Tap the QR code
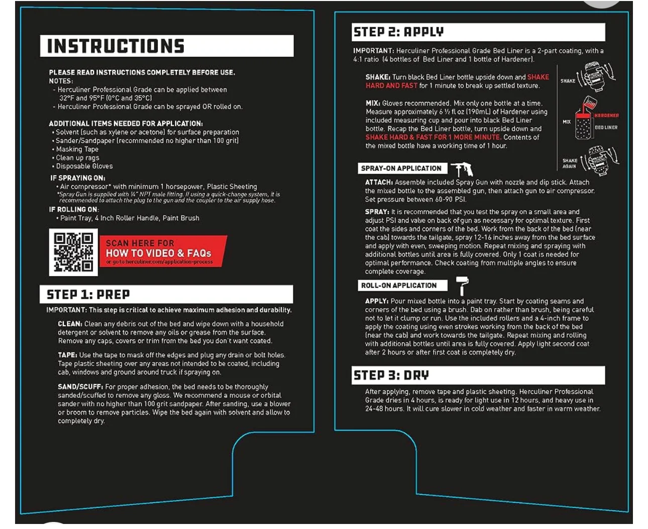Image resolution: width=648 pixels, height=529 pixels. coord(73,252)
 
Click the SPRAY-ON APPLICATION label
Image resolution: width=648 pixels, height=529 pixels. coord(401,168)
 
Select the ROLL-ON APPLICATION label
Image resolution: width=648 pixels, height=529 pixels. coord(399,286)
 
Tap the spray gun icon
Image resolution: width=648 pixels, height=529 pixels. coord(462,169)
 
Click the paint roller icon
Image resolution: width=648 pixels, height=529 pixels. coord(462,285)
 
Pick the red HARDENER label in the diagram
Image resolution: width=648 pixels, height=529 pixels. coord(606,116)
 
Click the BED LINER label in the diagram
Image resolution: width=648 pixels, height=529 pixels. coord(606,128)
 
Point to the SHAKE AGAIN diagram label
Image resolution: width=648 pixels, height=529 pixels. coord(570,163)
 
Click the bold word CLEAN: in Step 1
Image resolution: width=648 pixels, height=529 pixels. coord(70,324)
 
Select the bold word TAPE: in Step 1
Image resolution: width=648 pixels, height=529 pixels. coord(67,355)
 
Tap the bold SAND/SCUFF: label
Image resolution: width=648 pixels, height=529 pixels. coord(80,387)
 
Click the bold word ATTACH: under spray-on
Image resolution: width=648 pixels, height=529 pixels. coord(379,183)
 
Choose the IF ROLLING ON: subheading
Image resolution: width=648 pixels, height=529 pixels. coord(74,209)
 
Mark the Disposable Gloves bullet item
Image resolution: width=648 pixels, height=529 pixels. coord(84,166)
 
